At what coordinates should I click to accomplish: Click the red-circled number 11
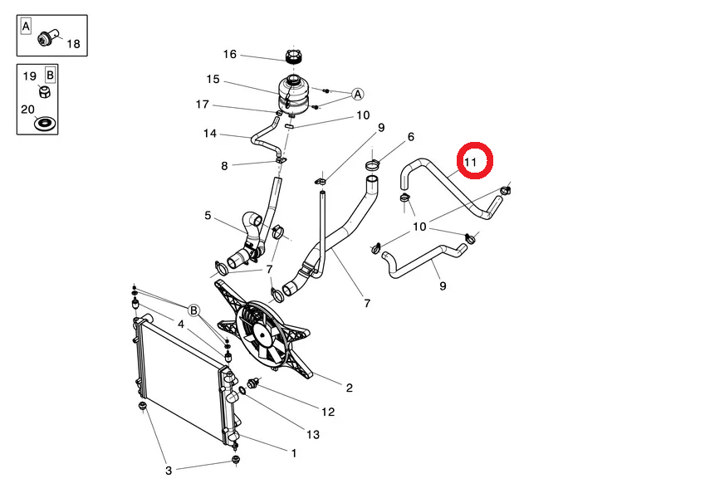pyautogui.click(x=470, y=162)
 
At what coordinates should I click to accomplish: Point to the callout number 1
pyautogui.click(x=294, y=453)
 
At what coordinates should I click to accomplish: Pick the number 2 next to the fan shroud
pyautogui.click(x=350, y=388)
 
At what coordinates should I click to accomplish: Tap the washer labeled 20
pyautogui.click(x=46, y=123)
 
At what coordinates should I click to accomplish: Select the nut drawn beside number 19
pyautogui.click(x=45, y=92)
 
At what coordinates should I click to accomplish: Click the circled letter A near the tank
pyautogui.click(x=357, y=95)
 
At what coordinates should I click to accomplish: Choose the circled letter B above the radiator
pyautogui.click(x=193, y=310)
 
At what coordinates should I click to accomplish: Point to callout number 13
pyautogui.click(x=313, y=435)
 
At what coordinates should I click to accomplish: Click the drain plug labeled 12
pyautogui.click(x=253, y=383)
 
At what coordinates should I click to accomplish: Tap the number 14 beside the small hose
pyautogui.click(x=210, y=134)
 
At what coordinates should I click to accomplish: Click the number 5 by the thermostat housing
pyautogui.click(x=208, y=215)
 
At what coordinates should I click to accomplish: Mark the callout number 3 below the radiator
pyautogui.click(x=169, y=471)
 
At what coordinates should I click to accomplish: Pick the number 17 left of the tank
pyautogui.click(x=203, y=105)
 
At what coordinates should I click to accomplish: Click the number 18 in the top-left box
pyautogui.click(x=73, y=44)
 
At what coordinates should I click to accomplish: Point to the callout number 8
pyautogui.click(x=224, y=166)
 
